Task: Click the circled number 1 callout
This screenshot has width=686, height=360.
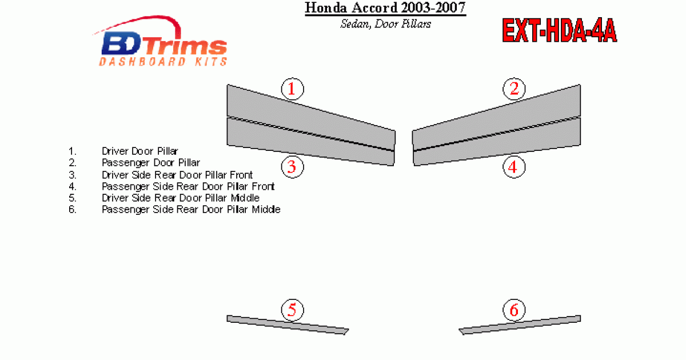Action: [292, 89]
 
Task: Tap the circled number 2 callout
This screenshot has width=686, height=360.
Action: [514, 89]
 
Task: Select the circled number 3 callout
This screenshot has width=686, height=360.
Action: [292, 167]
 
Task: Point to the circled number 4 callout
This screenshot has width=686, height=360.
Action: [513, 167]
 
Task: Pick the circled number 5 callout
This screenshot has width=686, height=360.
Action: [292, 310]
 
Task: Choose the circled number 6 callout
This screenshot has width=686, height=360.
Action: [513, 310]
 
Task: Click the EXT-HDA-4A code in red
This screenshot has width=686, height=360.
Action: [559, 31]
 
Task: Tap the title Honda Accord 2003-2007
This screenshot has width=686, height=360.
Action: [385, 8]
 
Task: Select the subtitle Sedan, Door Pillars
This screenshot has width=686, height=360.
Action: [385, 24]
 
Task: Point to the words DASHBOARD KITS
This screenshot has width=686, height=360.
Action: [163, 62]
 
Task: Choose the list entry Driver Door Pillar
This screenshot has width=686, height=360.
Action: [140, 151]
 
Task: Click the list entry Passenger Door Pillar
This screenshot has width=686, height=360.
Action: [151, 163]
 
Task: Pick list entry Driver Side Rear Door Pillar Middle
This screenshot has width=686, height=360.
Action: [181, 198]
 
